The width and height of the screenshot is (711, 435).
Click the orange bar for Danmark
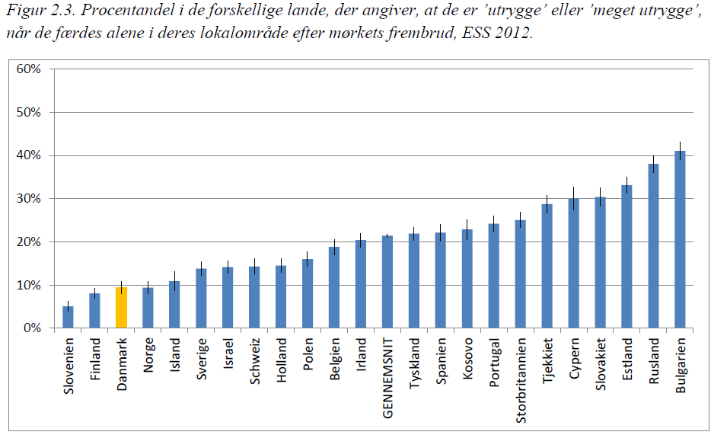[x=121, y=308]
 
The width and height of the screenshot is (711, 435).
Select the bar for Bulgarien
[x=681, y=240]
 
